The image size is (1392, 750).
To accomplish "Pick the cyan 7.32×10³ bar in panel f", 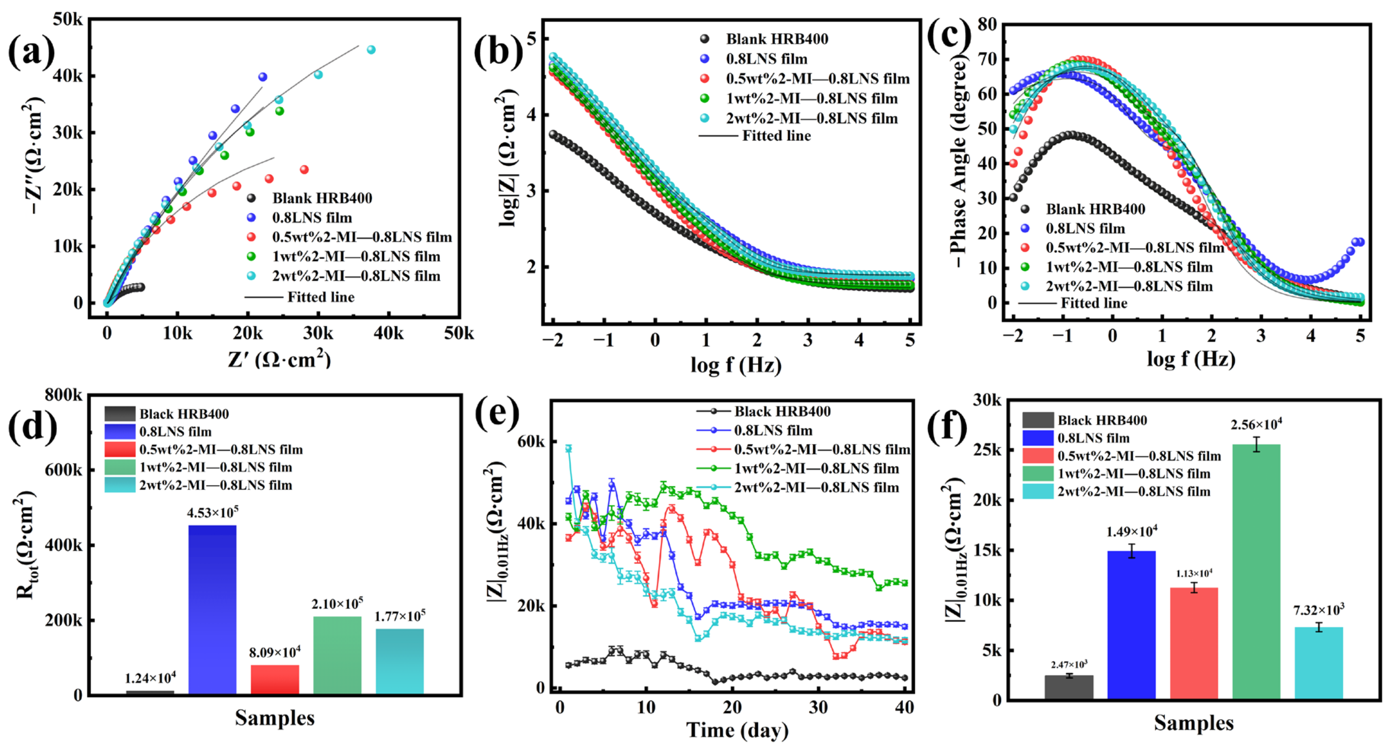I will (1318, 662).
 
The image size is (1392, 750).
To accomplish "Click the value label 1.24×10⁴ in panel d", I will (150, 678).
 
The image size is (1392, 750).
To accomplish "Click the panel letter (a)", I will (31, 53).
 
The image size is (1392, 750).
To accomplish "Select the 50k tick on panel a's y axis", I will (67, 19).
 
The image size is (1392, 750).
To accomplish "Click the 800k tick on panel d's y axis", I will (64, 395).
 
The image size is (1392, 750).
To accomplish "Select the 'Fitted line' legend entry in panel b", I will (776, 136).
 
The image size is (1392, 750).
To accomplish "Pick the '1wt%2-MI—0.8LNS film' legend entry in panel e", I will (816, 468).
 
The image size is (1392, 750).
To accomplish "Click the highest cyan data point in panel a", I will (371, 50).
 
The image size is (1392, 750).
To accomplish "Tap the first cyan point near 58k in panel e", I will (568, 448).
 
